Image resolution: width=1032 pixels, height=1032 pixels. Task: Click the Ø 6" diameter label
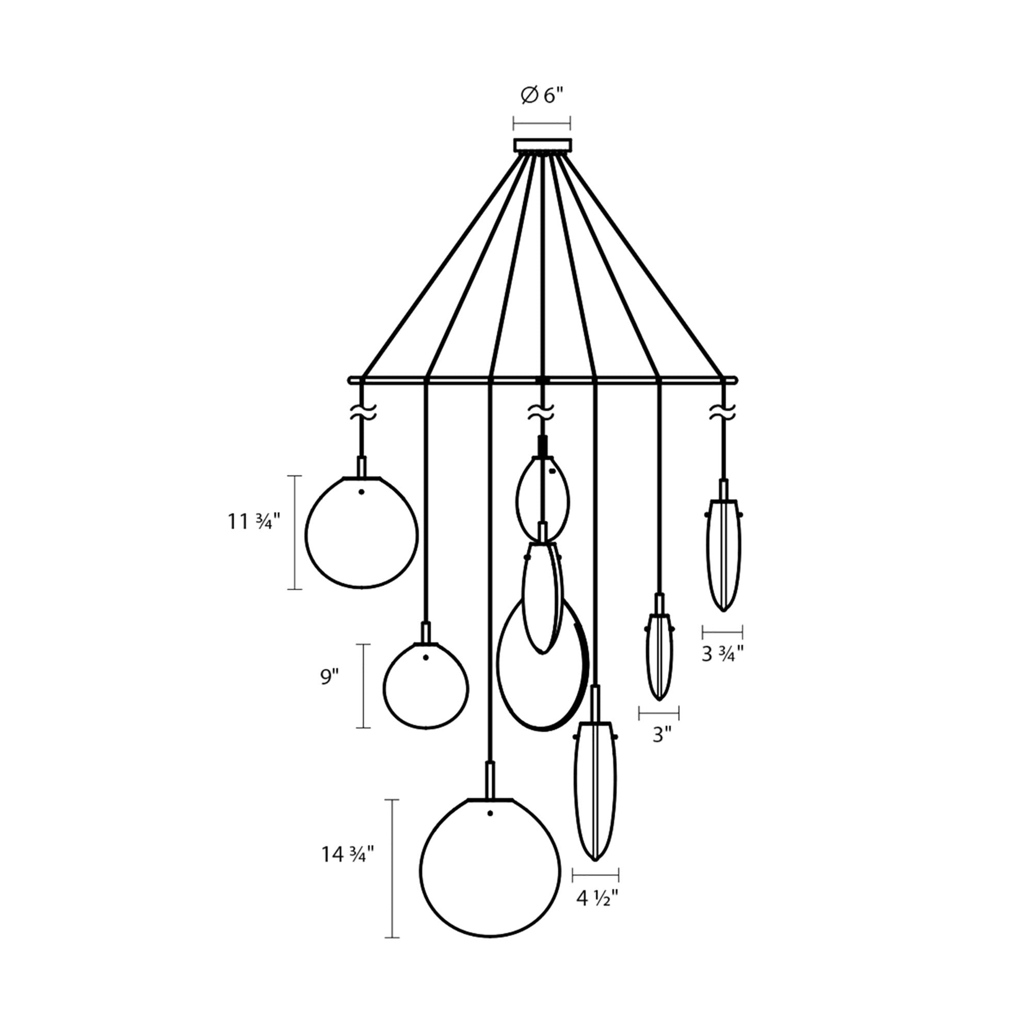542,96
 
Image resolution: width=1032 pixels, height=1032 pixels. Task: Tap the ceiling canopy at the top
542,145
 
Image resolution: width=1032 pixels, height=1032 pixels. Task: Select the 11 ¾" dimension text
254,521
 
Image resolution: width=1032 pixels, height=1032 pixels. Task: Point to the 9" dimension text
330,677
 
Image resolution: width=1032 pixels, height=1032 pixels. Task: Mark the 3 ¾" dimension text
722,654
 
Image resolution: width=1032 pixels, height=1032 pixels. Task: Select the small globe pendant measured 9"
426,686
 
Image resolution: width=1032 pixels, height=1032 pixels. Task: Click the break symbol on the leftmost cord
363,412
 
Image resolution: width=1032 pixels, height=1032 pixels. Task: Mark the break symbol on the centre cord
541,412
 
